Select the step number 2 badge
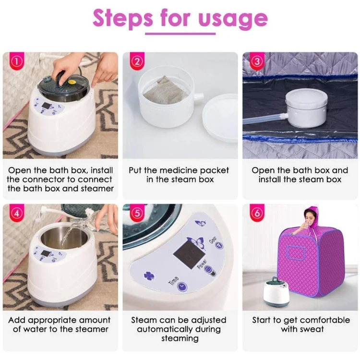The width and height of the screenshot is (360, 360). coord(137,62)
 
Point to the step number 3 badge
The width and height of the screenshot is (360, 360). coord(257,62)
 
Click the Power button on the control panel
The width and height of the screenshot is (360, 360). coord(208,270)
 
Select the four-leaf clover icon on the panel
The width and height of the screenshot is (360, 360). coord(148,277)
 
